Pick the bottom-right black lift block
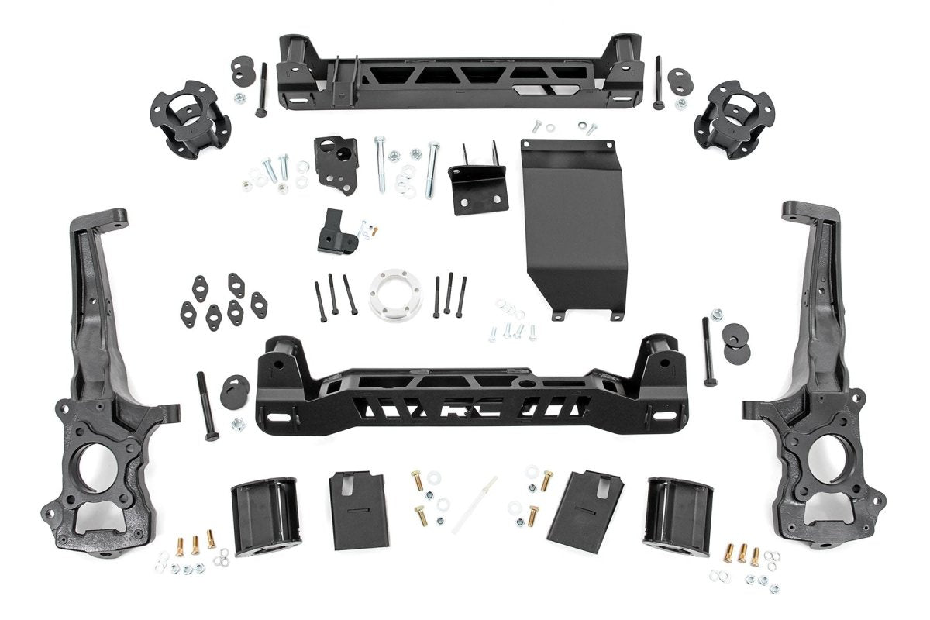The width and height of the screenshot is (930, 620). pyautogui.click(x=679, y=515)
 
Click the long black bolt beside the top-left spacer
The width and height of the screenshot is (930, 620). pyautogui.click(x=261, y=90)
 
